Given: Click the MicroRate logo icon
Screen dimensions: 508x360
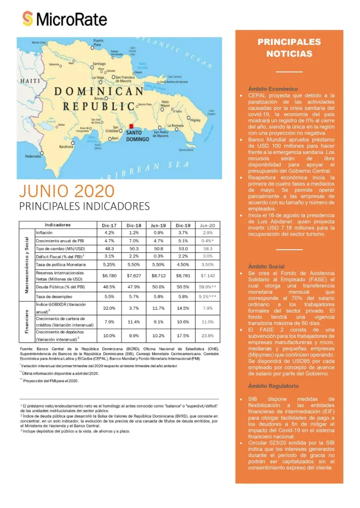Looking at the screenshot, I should [28, 19].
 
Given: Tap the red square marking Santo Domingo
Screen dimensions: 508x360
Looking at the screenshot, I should [131, 127].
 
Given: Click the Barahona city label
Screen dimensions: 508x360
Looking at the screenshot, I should [66, 147].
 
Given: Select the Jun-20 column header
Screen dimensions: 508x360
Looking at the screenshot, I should [207, 225].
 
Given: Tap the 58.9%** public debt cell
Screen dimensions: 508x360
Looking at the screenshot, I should [207, 287].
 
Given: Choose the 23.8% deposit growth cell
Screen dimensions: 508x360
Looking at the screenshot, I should [207, 335].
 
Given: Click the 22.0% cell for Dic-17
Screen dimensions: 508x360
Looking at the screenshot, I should [109, 308].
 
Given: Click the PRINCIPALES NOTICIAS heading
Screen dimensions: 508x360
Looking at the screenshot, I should [289, 48].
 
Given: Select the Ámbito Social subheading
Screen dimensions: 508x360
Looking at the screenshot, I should [266, 267].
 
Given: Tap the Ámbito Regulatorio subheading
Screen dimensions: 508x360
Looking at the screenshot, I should [273, 386].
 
